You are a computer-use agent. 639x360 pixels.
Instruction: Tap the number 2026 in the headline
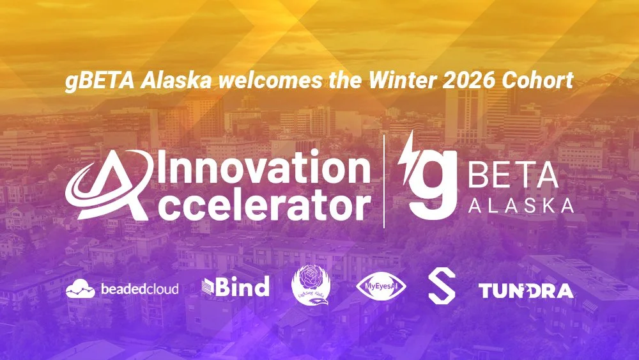[x=468, y=83]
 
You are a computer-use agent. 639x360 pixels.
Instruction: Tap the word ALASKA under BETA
[x=520, y=206]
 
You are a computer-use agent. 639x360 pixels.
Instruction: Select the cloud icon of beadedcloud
[x=81, y=289]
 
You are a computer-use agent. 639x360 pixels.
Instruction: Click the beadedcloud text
[x=139, y=289]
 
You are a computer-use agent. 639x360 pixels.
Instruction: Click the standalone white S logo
[x=441, y=288]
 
